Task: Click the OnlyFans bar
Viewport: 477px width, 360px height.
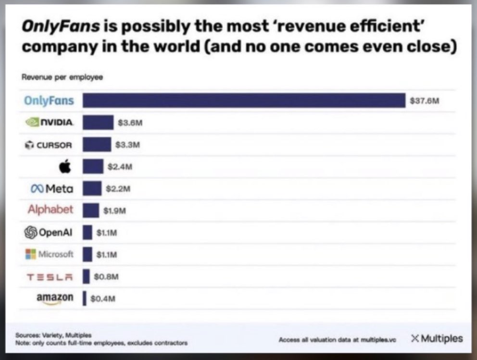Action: (244, 101)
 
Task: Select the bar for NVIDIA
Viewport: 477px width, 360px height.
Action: (98, 123)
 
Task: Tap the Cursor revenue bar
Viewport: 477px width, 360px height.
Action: (97, 144)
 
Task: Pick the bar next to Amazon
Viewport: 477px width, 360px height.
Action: (85, 297)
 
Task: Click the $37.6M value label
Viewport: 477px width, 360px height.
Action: (425, 101)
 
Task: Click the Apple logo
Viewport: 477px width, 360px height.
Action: (65, 167)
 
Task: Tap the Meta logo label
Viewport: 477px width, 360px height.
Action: (52, 189)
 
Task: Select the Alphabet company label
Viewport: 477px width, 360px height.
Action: (50, 210)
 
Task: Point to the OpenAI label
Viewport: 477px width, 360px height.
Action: (50, 232)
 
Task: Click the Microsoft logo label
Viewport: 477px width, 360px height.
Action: (50, 254)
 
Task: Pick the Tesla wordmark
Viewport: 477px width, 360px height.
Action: (50, 276)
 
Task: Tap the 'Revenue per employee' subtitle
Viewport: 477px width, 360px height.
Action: (63, 77)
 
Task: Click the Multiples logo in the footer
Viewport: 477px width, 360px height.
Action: (437, 338)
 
